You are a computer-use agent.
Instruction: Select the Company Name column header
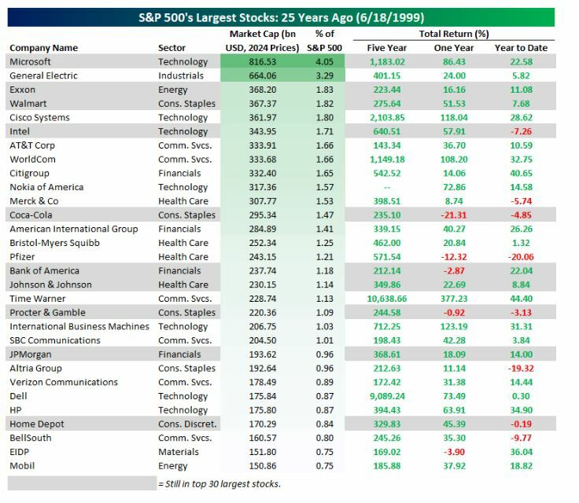[x=43, y=48]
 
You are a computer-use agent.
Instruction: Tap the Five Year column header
[x=387, y=48]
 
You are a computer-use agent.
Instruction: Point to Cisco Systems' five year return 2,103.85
[x=387, y=118]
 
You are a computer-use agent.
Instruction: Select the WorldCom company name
[x=32, y=160]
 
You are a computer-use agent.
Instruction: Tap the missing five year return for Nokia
[x=387, y=187]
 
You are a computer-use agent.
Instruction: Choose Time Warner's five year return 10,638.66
[x=387, y=299]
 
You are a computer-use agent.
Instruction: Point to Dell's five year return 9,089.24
[x=387, y=396]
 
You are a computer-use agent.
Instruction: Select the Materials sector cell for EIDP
[x=178, y=452]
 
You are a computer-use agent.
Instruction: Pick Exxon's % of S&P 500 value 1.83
[x=325, y=90]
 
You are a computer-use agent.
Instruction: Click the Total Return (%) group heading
[x=455, y=34]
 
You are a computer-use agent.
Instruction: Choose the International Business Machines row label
[x=79, y=326]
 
